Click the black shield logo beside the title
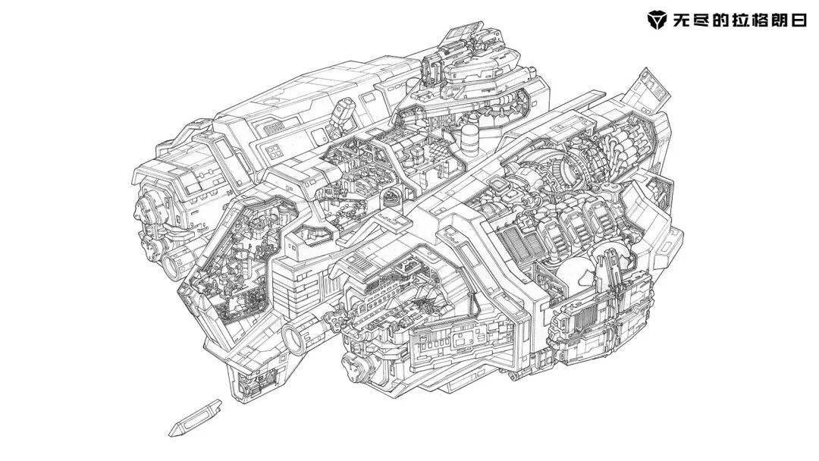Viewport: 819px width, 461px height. pos(657,20)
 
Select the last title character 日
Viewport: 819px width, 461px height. pos(798,20)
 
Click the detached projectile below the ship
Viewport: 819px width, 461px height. pos(195,419)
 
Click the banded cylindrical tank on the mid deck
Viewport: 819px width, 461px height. pos(469,136)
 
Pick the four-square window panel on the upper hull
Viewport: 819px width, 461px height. pos(273,152)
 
